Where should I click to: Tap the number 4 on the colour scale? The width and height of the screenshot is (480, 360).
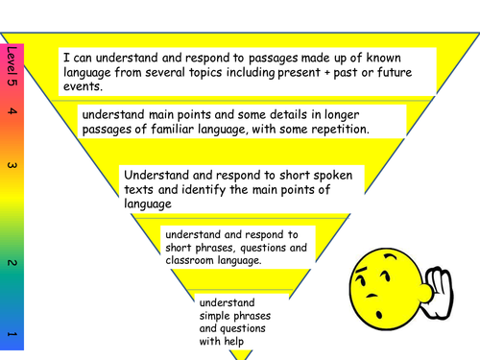11,112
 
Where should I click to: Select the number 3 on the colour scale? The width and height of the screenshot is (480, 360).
11,166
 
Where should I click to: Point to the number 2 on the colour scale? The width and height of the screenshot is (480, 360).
11,262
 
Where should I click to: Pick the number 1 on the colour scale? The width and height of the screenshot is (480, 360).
11,333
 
